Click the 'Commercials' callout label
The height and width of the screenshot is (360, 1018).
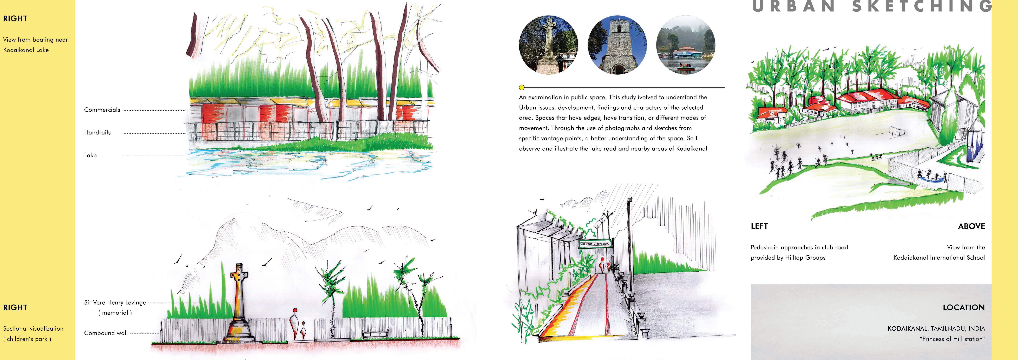point(102,110)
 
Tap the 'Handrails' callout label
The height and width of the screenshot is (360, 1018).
point(97,132)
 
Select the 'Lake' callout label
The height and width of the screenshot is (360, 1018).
point(90,155)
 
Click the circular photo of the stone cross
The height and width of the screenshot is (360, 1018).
point(549,45)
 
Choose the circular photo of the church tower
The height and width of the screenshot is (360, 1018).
point(617,45)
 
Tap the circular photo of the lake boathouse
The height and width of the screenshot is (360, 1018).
point(686,45)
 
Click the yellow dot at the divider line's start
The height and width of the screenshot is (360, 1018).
point(522,87)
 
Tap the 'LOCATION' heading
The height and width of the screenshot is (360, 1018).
point(963,307)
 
